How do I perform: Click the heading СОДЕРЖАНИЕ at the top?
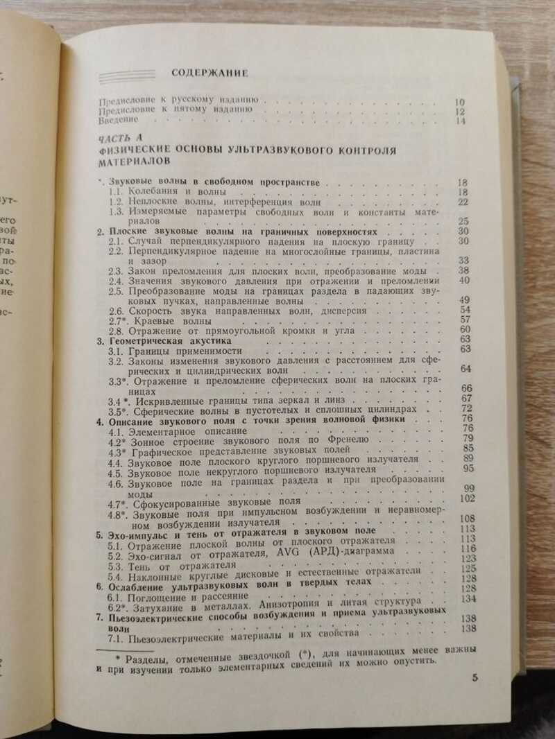[x=210, y=71]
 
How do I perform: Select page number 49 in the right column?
[x=465, y=299]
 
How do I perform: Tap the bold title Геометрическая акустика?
[x=169, y=340]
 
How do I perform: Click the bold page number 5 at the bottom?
[x=475, y=678]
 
